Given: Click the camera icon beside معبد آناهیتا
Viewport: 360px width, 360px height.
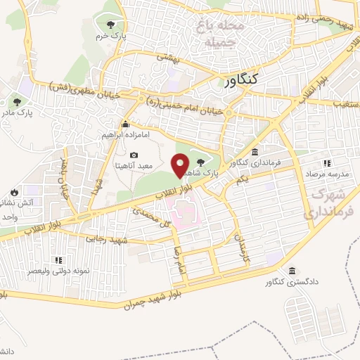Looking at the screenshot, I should pyautogui.click(x=134, y=155).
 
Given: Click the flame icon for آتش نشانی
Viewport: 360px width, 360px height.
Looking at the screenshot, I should pyautogui.click(x=14, y=192).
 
